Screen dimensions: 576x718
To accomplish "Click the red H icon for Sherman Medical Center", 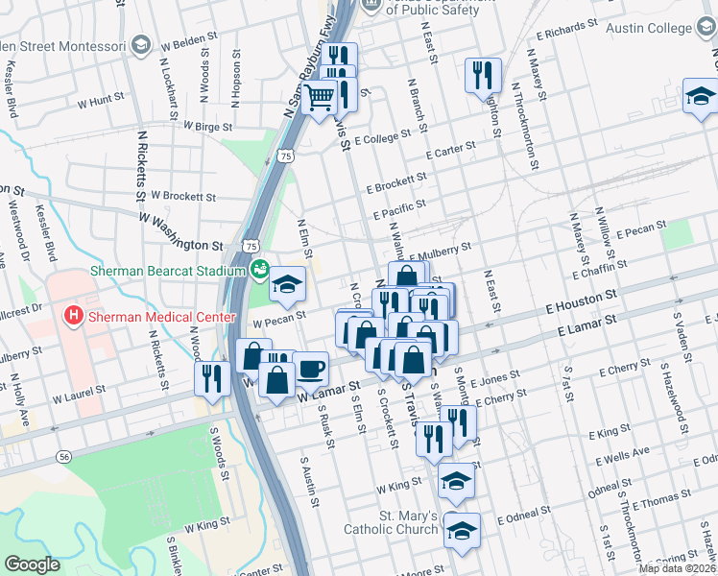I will click(x=73, y=316).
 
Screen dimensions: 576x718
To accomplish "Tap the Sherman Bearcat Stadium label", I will click(x=169, y=271).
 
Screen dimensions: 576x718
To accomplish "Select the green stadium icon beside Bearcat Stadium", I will click(x=259, y=272).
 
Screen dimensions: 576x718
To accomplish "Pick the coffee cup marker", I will click(x=309, y=369).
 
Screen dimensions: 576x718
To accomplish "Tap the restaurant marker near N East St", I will click(x=483, y=74).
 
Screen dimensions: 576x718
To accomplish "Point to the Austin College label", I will click(x=657, y=28).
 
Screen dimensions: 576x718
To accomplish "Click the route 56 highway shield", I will click(x=63, y=458).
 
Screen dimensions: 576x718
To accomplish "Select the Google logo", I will click(x=32, y=564).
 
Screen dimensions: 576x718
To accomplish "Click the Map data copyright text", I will click(x=676, y=568).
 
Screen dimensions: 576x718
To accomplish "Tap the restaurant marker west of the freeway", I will click(x=209, y=377).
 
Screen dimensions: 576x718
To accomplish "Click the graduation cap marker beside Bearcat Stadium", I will click(x=287, y=284).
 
